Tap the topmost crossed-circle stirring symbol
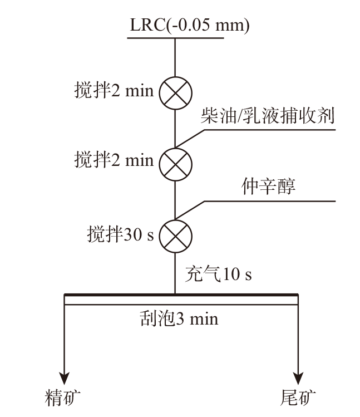(176, 92)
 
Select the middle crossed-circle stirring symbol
(176, 163)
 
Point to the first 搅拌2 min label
(114, 91)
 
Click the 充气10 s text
(221, 274)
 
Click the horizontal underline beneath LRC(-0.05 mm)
(176, 38)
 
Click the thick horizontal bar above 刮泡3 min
(181, 295)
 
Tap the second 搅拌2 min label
(114, 161)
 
